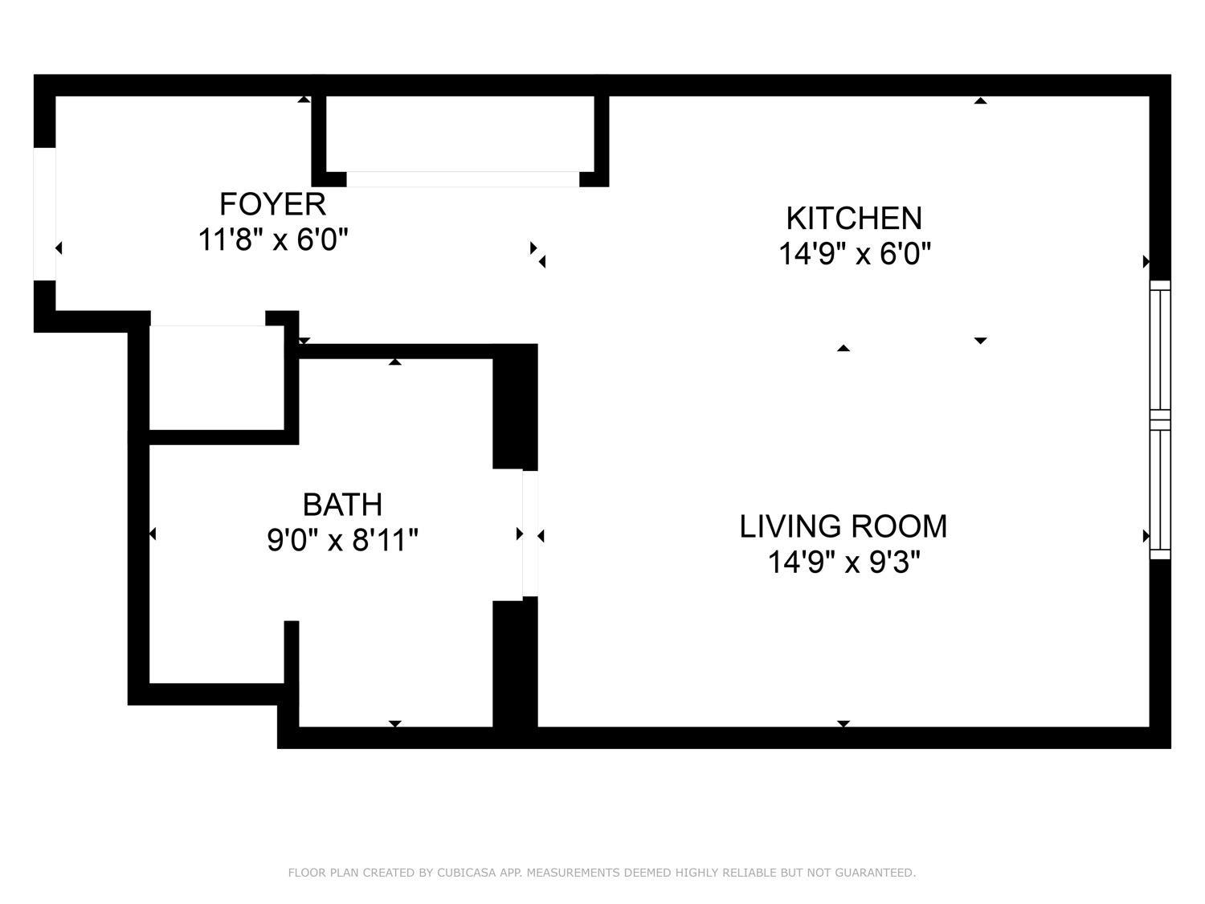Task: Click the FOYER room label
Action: click(x=272, y=204)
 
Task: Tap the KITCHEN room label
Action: click(x=853, y=219)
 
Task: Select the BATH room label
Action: click(x=342, y=505)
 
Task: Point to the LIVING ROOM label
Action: click(x=843, y=526)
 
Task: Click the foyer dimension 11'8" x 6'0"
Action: click(x=272, y=239)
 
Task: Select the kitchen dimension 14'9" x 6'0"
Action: click(x=854, y=255)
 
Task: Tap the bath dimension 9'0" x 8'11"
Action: click(x=342, y=540)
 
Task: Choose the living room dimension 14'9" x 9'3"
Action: click(x=843, y=562)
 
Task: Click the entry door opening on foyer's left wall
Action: click(x=44, y=215)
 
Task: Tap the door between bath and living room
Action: click(x=530, y=534)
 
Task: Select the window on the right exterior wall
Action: click(x=1160, y=419)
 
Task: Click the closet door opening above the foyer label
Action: click(x=462, y=179)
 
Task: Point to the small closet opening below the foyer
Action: click(x=207, y=319)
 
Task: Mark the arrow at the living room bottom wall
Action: click(x=843, y=724)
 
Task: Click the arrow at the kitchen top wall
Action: click(x=980, y=100)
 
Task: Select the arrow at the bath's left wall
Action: click(x=152, y=534)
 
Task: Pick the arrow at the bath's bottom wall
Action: click(x=394, y=724)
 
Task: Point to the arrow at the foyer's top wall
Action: click(x=304, y=99)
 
